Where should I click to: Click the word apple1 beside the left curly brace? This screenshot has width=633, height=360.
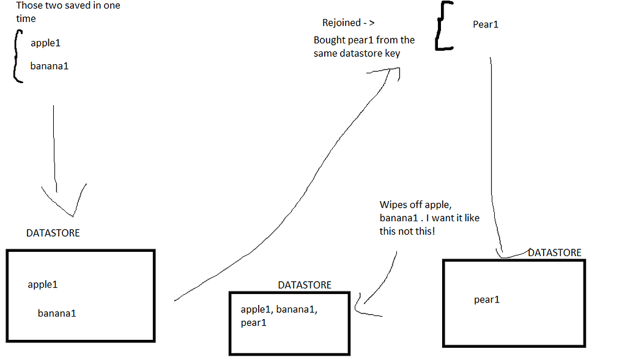45,43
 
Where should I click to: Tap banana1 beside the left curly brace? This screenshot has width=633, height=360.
49,65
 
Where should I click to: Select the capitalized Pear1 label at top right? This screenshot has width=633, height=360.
486,24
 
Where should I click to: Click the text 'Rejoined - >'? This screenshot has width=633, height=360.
349,23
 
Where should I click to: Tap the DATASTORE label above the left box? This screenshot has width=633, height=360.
53,233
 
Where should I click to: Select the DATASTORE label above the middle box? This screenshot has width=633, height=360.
305,285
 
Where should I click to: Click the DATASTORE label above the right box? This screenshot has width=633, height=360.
555,252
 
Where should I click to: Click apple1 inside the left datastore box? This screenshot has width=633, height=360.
43,284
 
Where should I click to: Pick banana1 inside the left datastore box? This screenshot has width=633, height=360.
57,314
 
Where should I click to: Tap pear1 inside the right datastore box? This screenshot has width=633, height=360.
487,299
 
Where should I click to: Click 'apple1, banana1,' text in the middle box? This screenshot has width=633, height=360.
279,310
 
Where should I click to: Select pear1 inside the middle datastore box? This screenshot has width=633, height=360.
254,322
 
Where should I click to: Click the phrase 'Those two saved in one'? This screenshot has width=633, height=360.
68,6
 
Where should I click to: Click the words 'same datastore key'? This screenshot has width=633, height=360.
357,53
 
